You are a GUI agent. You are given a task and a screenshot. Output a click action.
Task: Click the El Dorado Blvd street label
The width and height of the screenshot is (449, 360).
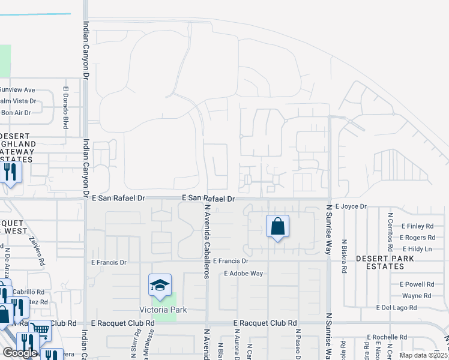65,109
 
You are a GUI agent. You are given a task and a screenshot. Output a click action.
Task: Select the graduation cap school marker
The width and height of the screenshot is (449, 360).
161,285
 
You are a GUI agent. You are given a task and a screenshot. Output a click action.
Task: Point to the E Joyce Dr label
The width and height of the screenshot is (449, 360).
351,206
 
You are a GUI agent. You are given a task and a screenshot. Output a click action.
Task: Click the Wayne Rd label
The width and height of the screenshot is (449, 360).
417,296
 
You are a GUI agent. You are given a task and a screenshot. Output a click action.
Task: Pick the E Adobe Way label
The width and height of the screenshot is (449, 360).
243,274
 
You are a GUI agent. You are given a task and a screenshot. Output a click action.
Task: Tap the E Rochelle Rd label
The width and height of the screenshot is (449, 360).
388,337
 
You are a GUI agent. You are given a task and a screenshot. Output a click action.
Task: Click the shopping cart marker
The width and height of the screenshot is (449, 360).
40,329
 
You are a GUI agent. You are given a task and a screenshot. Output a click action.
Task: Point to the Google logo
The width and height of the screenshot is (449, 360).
20,353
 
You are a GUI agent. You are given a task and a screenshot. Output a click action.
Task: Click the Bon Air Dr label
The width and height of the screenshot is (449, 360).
16,112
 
